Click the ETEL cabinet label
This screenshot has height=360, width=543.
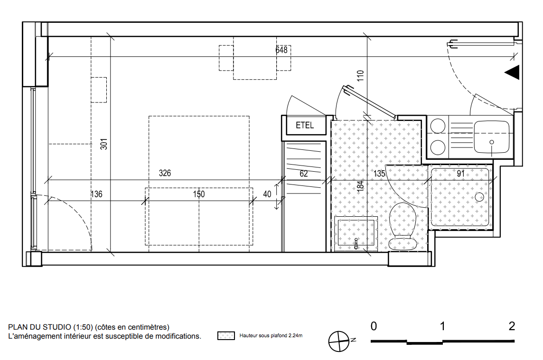[x=305, y=125]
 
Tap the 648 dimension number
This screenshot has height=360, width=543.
[x=281, y=50]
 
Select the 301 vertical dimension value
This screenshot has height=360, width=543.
[x=104, y=144]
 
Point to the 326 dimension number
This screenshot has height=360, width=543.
[x=165, y=173]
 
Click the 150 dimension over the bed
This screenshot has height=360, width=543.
[x=199, y=194]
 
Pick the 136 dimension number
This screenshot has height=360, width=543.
[x=97, y=194]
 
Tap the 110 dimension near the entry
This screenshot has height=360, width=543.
[x=361, y=76]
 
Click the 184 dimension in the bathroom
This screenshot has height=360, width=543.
[x=361, y=186]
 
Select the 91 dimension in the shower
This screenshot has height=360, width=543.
[x=460, y=174]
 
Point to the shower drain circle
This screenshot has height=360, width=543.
[x=479, y=197]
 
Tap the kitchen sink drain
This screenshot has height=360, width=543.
[x=492, y=142]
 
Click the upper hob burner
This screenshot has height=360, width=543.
[x=437, y=126]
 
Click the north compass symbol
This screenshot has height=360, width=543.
[x=339, y=342]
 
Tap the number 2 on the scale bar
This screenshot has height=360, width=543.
[x=512, y=326]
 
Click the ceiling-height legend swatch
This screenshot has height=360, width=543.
[x=226, y=335]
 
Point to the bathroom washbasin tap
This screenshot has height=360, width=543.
[x=356, y=243]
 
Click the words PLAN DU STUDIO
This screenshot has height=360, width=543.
[x=39, y=327]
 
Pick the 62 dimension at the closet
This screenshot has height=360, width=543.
[x=304, y=174]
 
